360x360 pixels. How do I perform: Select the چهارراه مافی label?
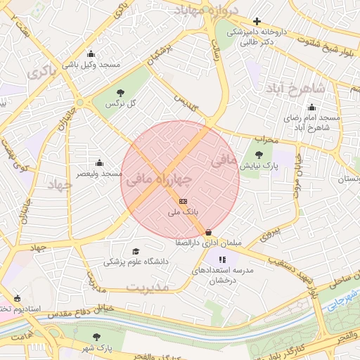tap(158, 180)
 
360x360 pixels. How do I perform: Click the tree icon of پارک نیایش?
tap(259, 155)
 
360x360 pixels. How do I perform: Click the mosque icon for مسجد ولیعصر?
tap(98, 162)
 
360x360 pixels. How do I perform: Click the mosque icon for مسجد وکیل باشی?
tap(91, 54)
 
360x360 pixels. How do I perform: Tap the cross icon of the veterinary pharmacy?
tap(257, 22)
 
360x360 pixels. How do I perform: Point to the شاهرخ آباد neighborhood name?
tap(295, 89)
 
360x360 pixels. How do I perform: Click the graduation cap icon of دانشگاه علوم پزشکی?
tap(136, 251)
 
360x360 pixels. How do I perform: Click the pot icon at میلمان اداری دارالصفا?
tap(208, 233)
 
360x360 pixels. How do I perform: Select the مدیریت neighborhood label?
tap(148, 287)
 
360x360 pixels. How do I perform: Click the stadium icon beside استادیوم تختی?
tap(16, 298)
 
